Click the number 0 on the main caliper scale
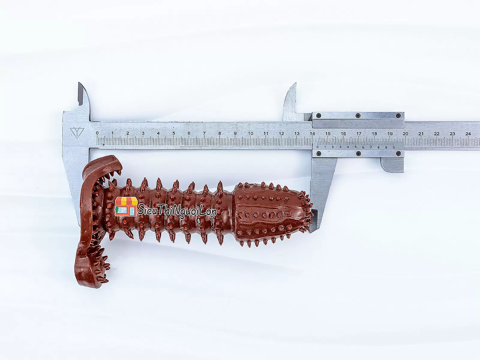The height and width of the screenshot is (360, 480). click(x=97, y=133)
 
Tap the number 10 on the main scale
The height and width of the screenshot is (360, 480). click(x=250, y=133)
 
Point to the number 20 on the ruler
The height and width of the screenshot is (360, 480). click(x=405, y=133)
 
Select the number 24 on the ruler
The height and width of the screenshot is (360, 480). click(x=468, y=134)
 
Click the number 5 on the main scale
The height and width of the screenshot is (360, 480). click(x=174, y=133)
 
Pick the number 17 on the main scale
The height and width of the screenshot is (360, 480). click(x=359, y=133)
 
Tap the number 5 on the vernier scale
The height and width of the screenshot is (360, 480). click(x=355, y=147)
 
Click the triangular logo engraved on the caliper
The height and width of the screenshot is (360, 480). click(x=77, y=133)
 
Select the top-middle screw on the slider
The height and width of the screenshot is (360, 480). click(x=358, y=115)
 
